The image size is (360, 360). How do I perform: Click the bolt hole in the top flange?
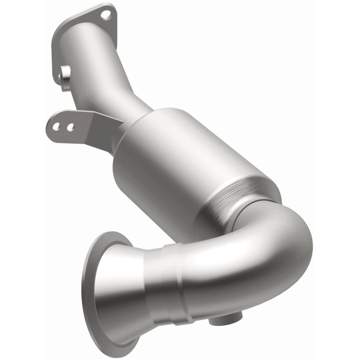(105, 15)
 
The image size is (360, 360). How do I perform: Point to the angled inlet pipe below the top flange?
(108, 76)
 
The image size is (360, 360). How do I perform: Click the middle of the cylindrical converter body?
(180, 162)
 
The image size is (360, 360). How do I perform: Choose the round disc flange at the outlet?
(92, 288)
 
